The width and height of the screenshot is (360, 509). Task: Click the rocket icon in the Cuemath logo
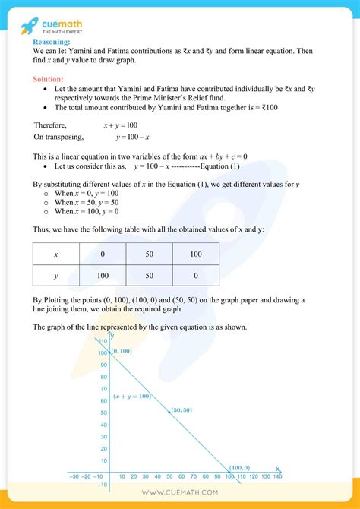click(x=30, y=26)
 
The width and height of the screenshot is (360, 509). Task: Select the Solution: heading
click(x=48, y=79)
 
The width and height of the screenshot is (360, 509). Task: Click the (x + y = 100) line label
click(x=132, y=397)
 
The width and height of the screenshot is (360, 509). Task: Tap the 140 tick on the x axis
click(x=277, y=476)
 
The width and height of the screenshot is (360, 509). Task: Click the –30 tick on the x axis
click(x=73, y=476)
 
